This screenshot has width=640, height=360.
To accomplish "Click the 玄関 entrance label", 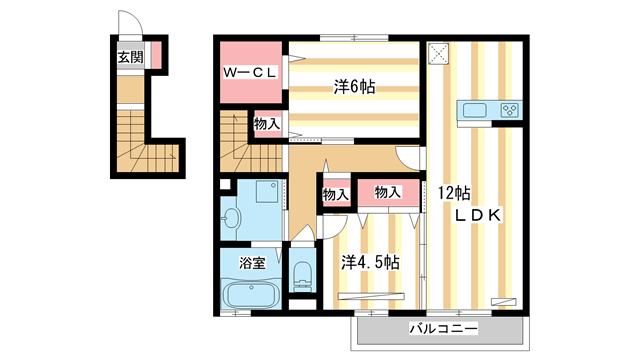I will click(129, 57).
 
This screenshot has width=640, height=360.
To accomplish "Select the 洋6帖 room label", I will click(354, 88).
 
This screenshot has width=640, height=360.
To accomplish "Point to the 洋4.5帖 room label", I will click(370, 262).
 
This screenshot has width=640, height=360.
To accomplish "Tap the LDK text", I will click(478, 215).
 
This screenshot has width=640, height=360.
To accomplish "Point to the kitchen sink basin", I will click(473, 110).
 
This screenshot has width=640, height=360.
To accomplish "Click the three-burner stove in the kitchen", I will click(508, 110).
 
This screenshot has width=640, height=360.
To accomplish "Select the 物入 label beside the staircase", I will click(266, 125).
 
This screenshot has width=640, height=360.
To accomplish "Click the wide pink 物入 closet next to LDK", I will click(389, 192).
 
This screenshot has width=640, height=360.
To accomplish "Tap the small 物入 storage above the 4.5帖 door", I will click(335, 195).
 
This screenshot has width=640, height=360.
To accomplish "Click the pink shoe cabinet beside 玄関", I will click(156, 57).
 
